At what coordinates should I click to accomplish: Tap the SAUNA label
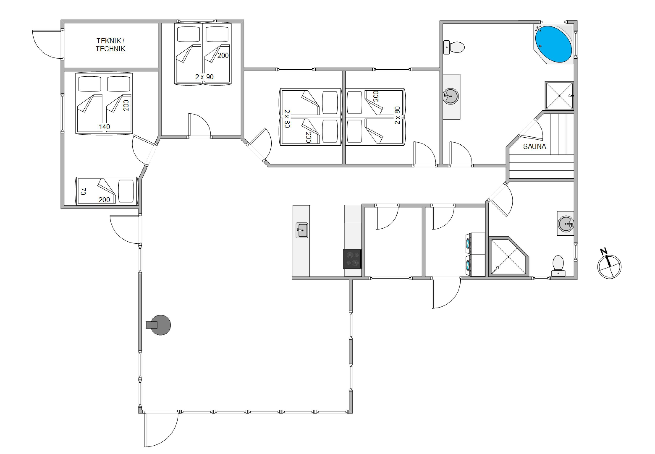tap(534, 146)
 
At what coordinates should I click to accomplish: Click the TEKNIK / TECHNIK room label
tap(110, 45)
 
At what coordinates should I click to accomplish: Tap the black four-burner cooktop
tap(352, 259)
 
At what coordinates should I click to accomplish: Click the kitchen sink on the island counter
tap(302, 230)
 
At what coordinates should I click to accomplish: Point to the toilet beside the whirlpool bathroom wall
tap(454, 47)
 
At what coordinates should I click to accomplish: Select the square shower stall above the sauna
tap(559, 96)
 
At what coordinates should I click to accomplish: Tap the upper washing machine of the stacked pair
tap(475, 244)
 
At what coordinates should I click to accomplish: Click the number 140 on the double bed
tap(104, 127)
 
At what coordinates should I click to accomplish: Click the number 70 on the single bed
tap(83, 191)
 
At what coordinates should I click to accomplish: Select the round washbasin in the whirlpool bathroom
tap(451, 96)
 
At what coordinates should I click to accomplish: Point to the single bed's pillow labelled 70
tap(126, 191)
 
